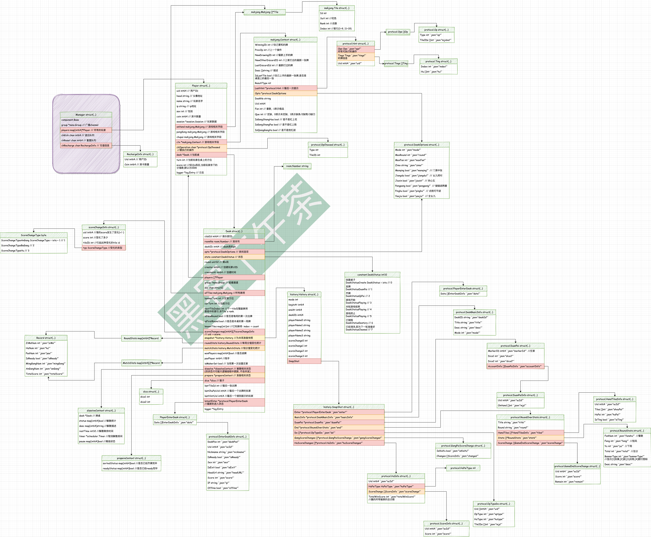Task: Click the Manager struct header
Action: (86, 115)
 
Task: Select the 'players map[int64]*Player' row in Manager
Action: (86, 130)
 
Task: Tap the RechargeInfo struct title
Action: (140, 154)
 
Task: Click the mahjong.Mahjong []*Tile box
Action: (264, 12)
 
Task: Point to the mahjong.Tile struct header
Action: (337, 8)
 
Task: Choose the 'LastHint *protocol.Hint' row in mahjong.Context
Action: (285, 88)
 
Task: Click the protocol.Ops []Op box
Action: (398, 32)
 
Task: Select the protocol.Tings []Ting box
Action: (396, 63)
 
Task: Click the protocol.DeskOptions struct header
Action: (421, 145)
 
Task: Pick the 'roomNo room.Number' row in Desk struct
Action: (234, 242)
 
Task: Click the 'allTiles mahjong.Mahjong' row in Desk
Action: (234, 293)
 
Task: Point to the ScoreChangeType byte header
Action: (34, 235)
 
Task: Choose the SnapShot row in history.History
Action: (304, 361)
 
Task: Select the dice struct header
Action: (151, 392)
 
